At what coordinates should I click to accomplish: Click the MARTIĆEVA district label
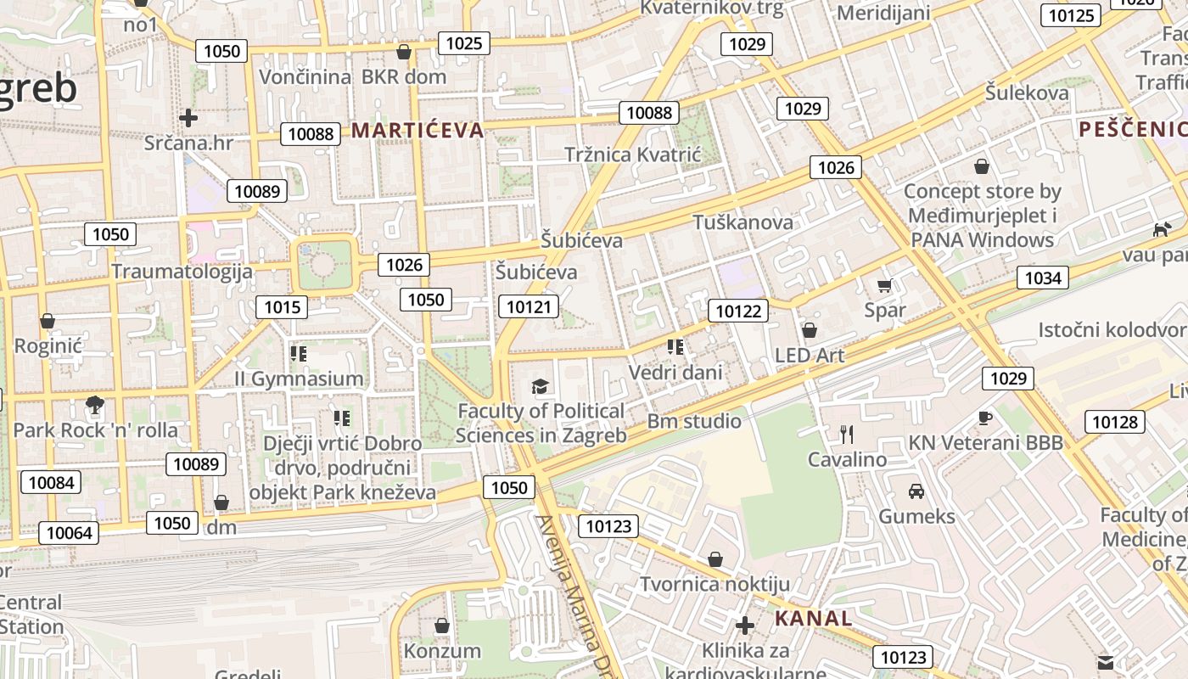(417, 130)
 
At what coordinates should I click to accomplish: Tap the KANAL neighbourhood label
(813, 618)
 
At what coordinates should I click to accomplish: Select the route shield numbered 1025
(463, 44)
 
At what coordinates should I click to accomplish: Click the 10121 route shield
(529, 306)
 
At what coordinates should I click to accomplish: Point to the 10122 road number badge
(738, 311)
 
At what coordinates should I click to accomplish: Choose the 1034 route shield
(1043, 278)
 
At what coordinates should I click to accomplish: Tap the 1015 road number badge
(282, 307)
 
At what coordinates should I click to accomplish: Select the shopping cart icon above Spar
(885, 286)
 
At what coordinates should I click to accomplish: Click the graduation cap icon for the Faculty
(540, 387)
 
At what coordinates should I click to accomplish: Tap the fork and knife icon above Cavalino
(846, 435)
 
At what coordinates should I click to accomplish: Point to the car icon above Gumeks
(916, 491)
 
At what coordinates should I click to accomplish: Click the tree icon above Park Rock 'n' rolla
(95, 405)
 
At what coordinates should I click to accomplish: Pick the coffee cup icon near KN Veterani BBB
(984, 418)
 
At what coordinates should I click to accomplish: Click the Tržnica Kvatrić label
(633, 154)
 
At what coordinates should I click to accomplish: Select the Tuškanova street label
(742, 222)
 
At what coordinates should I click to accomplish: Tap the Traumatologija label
(182, 272)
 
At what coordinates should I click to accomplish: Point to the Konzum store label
(442, 651)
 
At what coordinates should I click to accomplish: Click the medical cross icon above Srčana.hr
(188, 118)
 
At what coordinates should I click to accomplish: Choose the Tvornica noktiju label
(714, 584)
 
